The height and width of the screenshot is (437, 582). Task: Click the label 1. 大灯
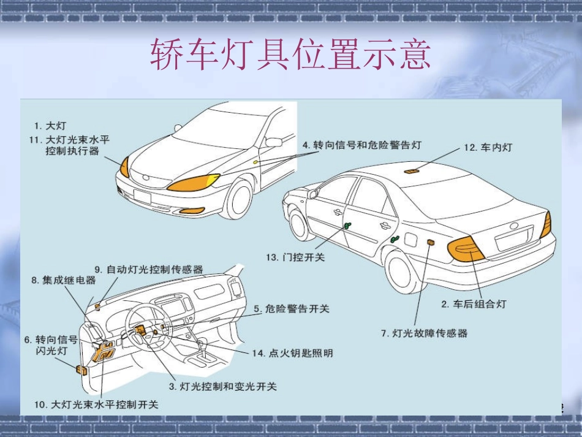click(50, 126)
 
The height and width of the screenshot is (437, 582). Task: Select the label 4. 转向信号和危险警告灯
click(362, 145)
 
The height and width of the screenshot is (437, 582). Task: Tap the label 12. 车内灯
click(488, 147)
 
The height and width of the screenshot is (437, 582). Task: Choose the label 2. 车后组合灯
click(474, 304)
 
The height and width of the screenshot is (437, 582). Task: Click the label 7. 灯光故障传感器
click(424, 333)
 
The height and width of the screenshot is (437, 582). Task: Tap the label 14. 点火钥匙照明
click(292, 353)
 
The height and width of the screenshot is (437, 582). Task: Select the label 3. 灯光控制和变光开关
click(223, 387)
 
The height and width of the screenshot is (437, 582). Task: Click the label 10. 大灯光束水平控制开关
click(96, 405)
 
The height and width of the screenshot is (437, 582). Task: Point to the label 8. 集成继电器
click(64, 280)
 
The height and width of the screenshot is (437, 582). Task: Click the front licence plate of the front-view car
click(142, 196)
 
